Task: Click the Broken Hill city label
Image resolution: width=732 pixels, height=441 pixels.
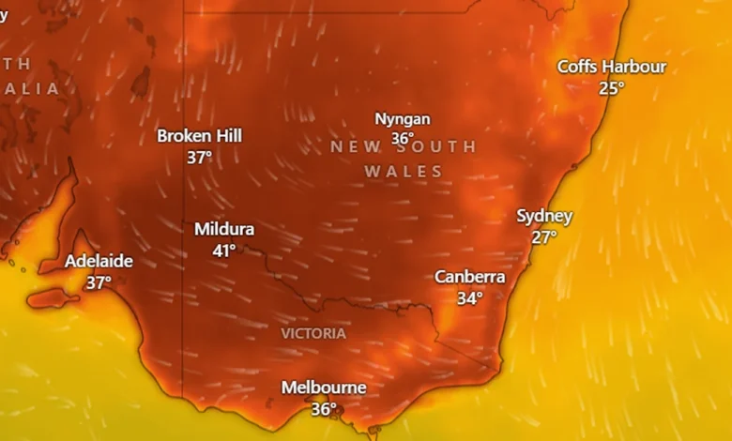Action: [199, 136]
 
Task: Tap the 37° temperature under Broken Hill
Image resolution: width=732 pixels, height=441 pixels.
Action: [199, 158]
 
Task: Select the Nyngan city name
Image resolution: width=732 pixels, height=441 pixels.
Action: [403, 119]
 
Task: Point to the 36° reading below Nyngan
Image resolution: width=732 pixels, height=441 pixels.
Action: [403, 139]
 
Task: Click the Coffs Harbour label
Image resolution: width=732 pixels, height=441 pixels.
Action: [612, 67]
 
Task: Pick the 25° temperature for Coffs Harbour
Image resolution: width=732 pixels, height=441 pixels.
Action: [612, 88]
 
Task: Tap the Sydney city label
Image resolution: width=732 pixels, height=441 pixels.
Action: [544, 216]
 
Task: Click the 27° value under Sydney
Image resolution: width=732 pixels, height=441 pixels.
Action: [544, 237]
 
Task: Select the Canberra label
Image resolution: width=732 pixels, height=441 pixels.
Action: [469, 277]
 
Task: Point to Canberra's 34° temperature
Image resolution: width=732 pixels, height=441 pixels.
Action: [469, 298]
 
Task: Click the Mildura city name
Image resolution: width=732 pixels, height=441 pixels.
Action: [224, 229]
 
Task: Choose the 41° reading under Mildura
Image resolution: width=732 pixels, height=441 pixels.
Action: [224, 251]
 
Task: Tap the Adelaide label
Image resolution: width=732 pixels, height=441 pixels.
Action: [99, 261]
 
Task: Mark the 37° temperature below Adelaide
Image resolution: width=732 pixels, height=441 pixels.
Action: [99, 281]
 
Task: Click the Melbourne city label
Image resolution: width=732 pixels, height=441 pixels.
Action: [324, 388]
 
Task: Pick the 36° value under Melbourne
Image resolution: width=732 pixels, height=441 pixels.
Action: [324, 409]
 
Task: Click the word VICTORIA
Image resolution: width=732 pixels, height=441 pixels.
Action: [313, 333]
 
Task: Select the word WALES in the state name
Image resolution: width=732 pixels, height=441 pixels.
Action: [404, 172]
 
